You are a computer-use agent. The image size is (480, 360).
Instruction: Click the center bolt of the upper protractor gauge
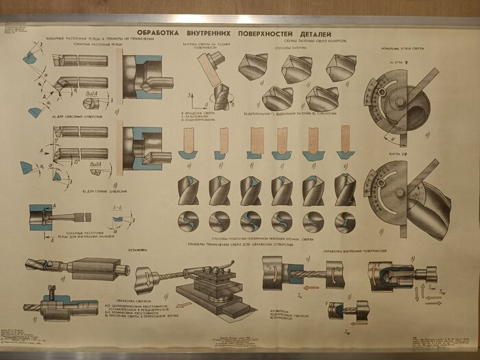click(x=398, y=103)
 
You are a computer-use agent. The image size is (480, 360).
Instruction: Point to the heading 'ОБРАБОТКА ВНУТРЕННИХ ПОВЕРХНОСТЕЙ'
click(x=360, y=250)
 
